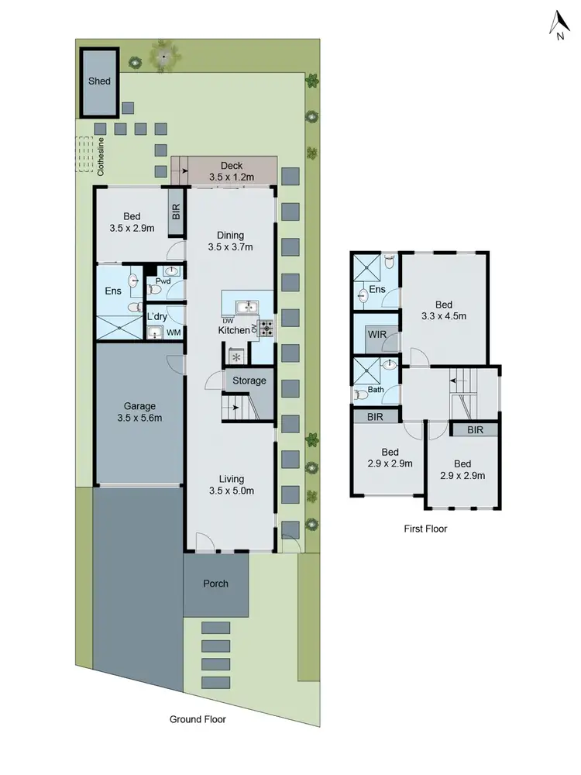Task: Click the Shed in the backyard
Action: pos(99,81)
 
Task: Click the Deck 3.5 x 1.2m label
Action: pos(232,171)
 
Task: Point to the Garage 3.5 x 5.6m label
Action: pos(139,412)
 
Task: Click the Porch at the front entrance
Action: pos(216,584)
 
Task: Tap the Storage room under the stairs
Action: pos(249,381)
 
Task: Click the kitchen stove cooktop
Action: pos(266,329)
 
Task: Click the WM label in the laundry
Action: pos(174,333)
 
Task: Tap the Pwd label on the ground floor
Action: pos(163,281)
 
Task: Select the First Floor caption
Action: pos(425,529)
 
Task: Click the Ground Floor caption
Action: pos(198,719)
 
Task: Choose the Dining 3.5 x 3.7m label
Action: pos(230,241)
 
